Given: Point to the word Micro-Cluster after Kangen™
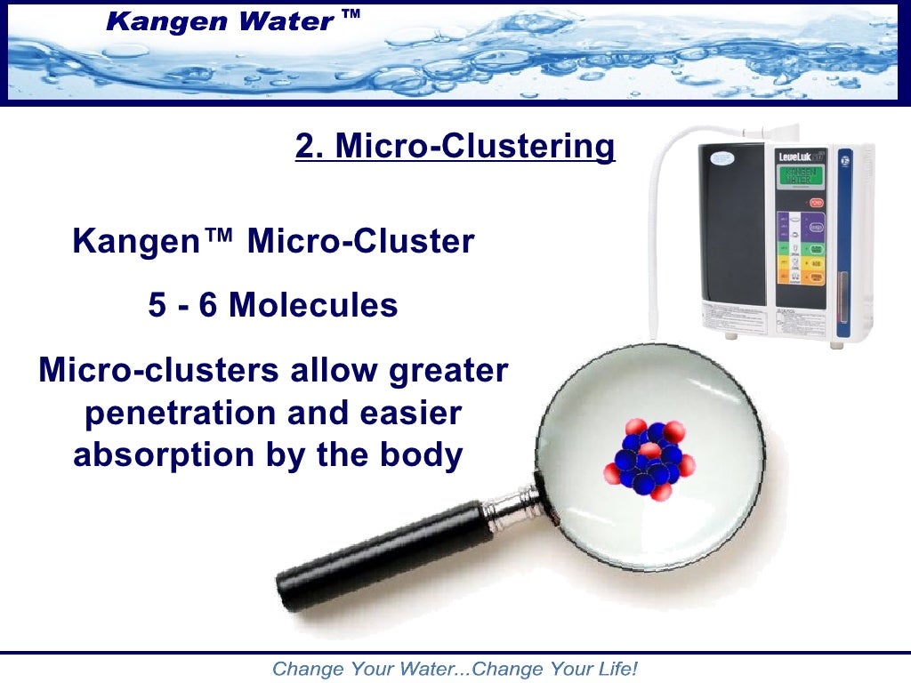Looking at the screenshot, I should [x=360, y=241].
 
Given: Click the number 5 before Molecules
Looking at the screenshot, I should [x=157, y=305].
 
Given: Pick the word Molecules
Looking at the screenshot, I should [x=313, y=305].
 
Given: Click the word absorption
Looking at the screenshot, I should [x=164, y=455].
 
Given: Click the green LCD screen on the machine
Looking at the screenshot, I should [x=799, y=176].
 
